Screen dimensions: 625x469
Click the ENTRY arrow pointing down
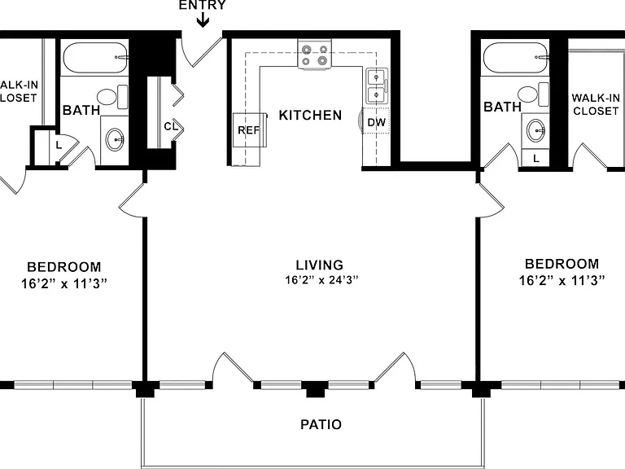coord(203,20)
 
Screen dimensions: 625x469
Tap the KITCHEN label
coord(310,116)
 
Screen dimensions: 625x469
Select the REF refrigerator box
coord(250,130)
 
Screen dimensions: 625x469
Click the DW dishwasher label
coord(376,122)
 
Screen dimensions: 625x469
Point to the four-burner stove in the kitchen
coord(314,55)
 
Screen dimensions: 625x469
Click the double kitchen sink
coord(377,85)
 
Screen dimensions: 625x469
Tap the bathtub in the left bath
coord(96,58)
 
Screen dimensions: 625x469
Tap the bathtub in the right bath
coord(515,58)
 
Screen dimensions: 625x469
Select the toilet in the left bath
coord(112,97)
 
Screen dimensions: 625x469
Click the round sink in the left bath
coord(115,139)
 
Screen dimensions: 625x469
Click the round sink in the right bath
coord(535,130)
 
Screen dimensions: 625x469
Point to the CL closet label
coord(171,126)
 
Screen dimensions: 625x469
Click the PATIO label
coord(321,424)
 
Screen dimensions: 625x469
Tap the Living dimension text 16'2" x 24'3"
coord(321,279)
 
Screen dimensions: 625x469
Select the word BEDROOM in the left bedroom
coord(63,267)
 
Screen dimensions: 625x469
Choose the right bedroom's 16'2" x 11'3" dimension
coord(562,280)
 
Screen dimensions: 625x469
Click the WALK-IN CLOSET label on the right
coord(596,104)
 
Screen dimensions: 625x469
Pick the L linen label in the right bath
coord(536,158)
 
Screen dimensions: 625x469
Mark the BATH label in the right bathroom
coord(502,107)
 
